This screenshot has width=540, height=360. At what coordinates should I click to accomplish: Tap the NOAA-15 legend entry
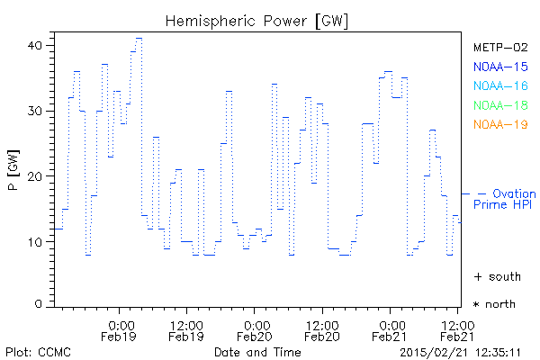[499, 66]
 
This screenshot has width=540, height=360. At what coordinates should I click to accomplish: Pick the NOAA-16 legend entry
[499, 85]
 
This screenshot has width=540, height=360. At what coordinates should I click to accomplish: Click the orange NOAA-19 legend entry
[499, 124]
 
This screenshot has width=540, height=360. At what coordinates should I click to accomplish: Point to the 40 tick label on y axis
[38, 45]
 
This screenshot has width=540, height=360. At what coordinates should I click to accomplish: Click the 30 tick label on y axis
[38, 111]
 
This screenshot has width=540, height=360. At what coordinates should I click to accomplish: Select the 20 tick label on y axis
[38, 176]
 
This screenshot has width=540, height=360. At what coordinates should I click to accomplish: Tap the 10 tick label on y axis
[38, 242]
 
